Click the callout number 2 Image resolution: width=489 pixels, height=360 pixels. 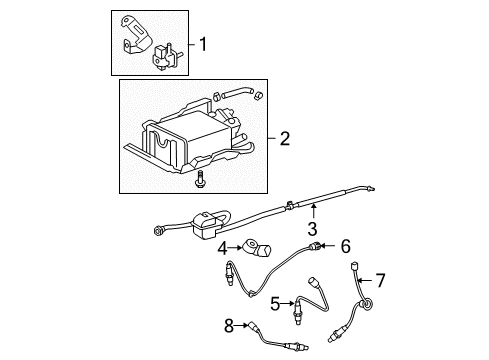tap(285, 139)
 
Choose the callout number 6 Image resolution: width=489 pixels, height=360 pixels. tap(346, 272)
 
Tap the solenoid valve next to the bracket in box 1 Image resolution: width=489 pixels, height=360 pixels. tap(162, 57)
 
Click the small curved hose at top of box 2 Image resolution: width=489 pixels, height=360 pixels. tap(233, 97)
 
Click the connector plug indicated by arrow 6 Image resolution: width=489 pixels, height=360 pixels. tap(318, 273)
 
